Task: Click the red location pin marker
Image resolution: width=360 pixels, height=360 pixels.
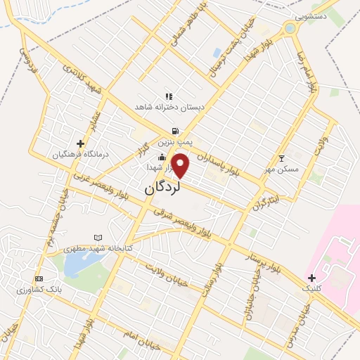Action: coord(181,165)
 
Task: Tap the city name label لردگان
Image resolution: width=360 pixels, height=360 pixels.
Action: coord(163,188)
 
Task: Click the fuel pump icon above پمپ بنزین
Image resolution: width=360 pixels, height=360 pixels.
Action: coord(174,131)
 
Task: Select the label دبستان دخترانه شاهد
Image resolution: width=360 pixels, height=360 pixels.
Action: coord(169,107)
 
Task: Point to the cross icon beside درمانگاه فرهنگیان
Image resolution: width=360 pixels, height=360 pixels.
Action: coord(81,143)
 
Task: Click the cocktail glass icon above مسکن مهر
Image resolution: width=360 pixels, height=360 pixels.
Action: coord(282,158)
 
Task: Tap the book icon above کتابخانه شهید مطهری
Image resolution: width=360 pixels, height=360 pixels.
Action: coord(98,238)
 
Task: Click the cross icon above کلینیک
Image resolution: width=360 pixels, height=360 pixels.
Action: coord(311,278)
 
